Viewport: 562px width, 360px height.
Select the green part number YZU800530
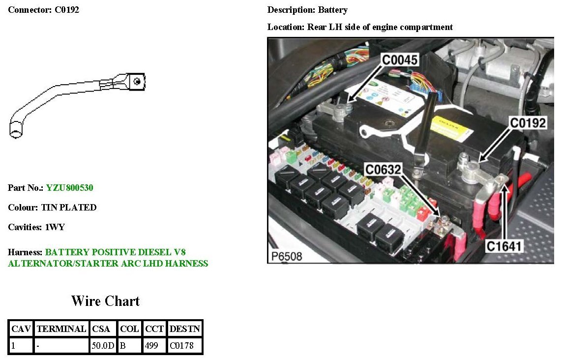70,188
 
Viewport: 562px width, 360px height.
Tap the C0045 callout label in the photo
400,60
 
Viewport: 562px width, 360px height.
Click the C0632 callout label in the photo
383,170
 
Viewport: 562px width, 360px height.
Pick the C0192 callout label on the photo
528,123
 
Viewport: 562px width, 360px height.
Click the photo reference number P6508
287,256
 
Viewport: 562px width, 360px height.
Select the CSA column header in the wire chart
101,329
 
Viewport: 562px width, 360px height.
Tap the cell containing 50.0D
102,346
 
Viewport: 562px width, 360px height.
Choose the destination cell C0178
181,346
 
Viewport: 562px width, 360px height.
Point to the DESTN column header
184,329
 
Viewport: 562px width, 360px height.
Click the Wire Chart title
105,301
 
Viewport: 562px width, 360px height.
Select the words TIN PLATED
71,208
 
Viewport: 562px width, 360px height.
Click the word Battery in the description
332,10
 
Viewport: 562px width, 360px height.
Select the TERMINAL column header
61,329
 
